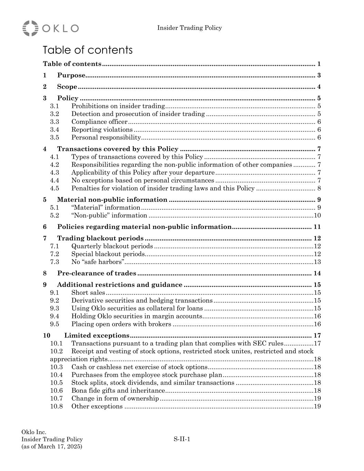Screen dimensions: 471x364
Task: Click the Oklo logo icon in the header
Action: point(30,28)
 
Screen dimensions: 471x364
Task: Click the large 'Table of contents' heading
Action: point(88,50)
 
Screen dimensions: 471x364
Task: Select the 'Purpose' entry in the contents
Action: point(71,75)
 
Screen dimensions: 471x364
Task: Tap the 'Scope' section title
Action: point(67,87)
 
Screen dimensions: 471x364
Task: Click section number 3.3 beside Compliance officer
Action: point(55,122)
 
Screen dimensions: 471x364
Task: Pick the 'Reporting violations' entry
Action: point(102,130)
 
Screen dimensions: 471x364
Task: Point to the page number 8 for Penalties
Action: point(319,188)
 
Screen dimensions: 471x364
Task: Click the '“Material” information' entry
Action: point(106,208)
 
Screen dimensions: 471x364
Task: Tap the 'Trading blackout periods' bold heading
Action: point(100,238)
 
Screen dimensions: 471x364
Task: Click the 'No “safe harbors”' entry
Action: point(98,262)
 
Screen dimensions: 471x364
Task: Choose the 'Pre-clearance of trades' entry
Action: point(97,273)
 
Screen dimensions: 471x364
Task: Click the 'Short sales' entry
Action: point(88,293)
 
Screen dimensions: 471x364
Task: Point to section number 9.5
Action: point(55,324)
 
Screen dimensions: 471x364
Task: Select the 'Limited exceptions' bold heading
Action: point(97,335)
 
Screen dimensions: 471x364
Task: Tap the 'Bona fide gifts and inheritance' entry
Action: point(118,391)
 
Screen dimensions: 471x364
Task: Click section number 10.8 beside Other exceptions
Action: point(57,406)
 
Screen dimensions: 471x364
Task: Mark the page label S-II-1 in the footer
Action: point(182,439)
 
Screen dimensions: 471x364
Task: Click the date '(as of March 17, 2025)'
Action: point(52,447)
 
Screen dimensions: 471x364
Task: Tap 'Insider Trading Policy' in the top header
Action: point(189,28)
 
